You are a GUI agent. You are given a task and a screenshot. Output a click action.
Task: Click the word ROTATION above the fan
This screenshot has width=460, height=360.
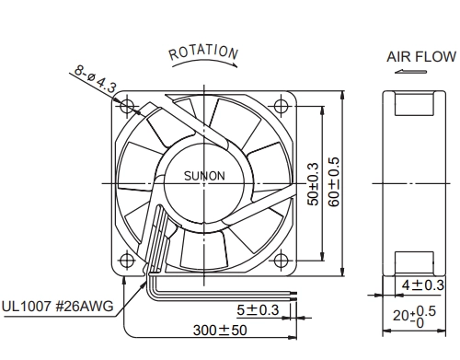click(203, 52)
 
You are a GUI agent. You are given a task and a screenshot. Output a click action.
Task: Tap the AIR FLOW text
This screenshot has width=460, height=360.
click(421, 57)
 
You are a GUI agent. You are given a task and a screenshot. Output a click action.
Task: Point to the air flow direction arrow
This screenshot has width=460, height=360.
click(410, 72)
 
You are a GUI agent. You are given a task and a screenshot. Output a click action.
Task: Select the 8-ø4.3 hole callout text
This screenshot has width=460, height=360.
click(96, 78)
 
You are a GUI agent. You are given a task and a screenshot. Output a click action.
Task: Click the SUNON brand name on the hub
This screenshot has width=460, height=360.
click(204, 176)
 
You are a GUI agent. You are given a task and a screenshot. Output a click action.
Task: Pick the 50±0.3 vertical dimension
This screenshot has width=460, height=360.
click(313, 184)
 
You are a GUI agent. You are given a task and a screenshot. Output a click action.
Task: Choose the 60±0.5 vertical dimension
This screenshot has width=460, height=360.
click(334, 181)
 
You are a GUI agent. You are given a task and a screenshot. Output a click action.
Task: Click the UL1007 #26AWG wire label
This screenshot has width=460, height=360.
click(58, 306)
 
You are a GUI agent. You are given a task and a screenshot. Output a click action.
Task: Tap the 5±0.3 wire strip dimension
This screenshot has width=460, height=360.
click(258, 310)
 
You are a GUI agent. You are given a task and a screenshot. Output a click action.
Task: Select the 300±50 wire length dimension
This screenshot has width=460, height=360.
click(220, 331)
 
